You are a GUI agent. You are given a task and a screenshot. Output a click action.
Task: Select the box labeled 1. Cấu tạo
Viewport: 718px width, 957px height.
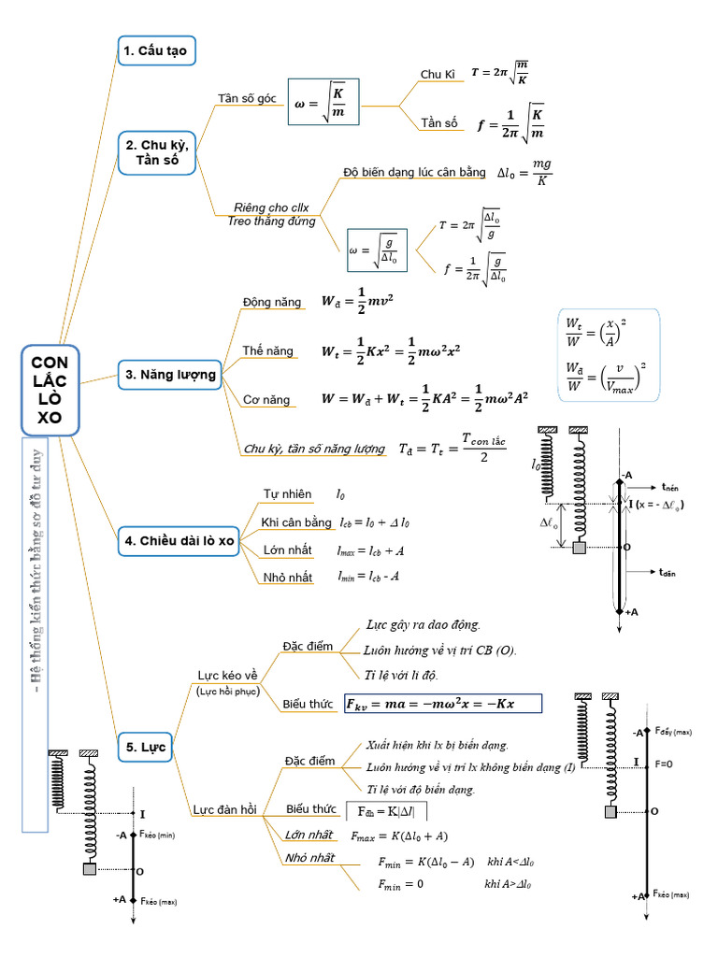(x=156, y=50)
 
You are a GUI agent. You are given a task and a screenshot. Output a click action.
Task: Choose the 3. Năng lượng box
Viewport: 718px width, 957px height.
(x=170, y=376)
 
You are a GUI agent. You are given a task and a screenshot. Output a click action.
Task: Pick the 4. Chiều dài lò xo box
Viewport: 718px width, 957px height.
(x=179, y=540)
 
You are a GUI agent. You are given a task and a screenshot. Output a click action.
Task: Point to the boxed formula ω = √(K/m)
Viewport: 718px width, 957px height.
(x=323, y=101)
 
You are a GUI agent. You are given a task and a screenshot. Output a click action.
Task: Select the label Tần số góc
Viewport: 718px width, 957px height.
(x=247, y=98)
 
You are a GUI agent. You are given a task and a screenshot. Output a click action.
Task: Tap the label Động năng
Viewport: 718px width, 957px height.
(x=271, y=302)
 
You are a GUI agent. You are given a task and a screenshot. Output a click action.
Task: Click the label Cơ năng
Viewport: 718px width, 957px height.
(x=266, y=400)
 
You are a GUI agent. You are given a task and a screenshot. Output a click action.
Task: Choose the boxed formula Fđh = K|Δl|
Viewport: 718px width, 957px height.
(x=386, y=809)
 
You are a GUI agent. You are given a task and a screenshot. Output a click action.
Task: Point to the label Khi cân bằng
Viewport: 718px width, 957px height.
(x=295, y=521)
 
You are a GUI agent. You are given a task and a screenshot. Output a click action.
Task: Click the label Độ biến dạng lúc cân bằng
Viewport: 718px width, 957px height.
(x=414, y=172)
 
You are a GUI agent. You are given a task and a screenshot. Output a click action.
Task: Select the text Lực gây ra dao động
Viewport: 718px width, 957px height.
(x=424, y=624)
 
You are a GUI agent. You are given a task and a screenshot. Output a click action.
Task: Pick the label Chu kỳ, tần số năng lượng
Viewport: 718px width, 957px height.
(x=314, y=450)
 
